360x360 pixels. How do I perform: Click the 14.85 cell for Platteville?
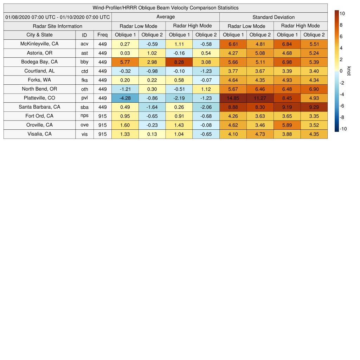point(233,98)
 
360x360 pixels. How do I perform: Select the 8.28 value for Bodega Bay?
point(179,62)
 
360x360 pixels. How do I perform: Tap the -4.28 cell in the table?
point(125,98)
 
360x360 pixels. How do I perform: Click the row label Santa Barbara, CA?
point(39,107)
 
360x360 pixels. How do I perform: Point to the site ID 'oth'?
point(84,89)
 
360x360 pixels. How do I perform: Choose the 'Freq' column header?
point(103,35)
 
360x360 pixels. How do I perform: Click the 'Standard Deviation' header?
point(274,17)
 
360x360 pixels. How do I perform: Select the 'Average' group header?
point(166,17)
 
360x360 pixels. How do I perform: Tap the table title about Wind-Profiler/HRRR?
point(166,8)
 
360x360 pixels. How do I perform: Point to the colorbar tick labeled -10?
point(343,129)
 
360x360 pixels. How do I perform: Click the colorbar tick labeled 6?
point(341,37)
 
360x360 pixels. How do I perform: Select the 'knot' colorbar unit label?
point(349,71)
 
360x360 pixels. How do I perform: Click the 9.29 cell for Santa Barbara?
point(314,107)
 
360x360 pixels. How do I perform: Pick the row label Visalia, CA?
point(39,134)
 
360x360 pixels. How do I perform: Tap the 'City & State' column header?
point(39,35)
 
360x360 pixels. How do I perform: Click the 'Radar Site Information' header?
point(58,26)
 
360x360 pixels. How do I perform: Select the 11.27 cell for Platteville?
point(260,98)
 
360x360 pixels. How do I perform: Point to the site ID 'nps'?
point(84,116)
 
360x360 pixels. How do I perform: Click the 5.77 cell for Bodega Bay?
point(125,62)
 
